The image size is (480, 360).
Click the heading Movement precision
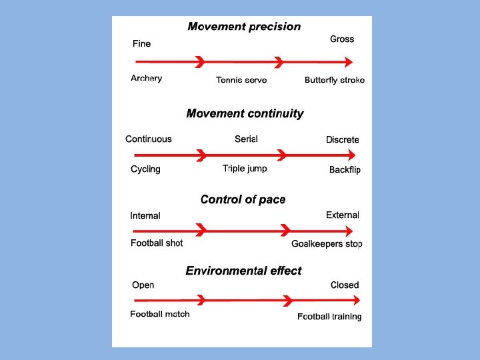coord(244,27)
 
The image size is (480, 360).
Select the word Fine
coord(141,44)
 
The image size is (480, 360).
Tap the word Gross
coord(342,39)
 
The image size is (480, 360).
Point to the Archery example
coord(146,79)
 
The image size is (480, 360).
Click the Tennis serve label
coord(241,80)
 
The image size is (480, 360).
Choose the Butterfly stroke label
coord(335,80)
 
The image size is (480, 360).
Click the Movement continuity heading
coord(245,113)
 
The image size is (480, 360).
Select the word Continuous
coord(148,139)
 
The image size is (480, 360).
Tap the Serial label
coord(246,139)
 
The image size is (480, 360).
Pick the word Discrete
coord(343,140)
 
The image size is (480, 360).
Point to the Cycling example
coord(145,169)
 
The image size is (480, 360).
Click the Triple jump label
coord(245,169)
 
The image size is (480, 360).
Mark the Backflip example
coord(345,170)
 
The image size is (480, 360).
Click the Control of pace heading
coord(243,199)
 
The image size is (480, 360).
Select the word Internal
coord(145,216)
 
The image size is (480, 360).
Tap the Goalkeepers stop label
coord(327,244)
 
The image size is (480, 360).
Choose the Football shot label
coord(157,243)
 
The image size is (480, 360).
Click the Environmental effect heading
coord(243,271)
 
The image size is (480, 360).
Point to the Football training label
coord(329,317)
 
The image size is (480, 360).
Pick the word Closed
coord(345,285)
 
